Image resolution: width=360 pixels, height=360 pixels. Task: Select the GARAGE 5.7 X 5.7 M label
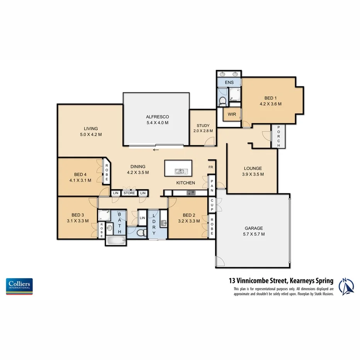[x=253, y=231]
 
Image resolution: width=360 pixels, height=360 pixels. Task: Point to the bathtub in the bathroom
[x=115, y=241]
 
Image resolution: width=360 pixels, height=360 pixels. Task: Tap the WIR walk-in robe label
[x=232, y=114]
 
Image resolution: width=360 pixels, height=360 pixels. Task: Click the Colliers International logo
[x=19, y=286]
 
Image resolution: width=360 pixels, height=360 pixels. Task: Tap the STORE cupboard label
[x=129, y=193]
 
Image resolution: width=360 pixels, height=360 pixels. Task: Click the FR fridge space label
[x=211, y=167]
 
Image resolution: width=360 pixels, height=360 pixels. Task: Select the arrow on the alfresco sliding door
[x=156, y=150]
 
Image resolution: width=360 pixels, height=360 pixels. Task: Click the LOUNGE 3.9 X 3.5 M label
[x=253, y=171]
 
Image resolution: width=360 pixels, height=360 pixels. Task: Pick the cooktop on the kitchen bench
[x=190, y=192]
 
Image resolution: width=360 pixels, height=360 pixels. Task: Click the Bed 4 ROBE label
[x=106, y=173]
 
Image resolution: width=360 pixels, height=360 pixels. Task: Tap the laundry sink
[x=163, y=222]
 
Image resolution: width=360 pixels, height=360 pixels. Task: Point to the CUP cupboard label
[x=212, y=205]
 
